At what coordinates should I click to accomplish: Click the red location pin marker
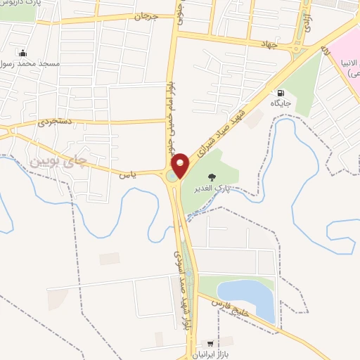pyautogui.click(x=181, y=165)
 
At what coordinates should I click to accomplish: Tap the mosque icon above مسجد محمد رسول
pyautogui.click(x=23, y=52)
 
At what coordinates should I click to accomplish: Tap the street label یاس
pyautogui.click(x=127, y=172)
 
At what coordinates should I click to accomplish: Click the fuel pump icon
pyautogui.click(x=281, y=92)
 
